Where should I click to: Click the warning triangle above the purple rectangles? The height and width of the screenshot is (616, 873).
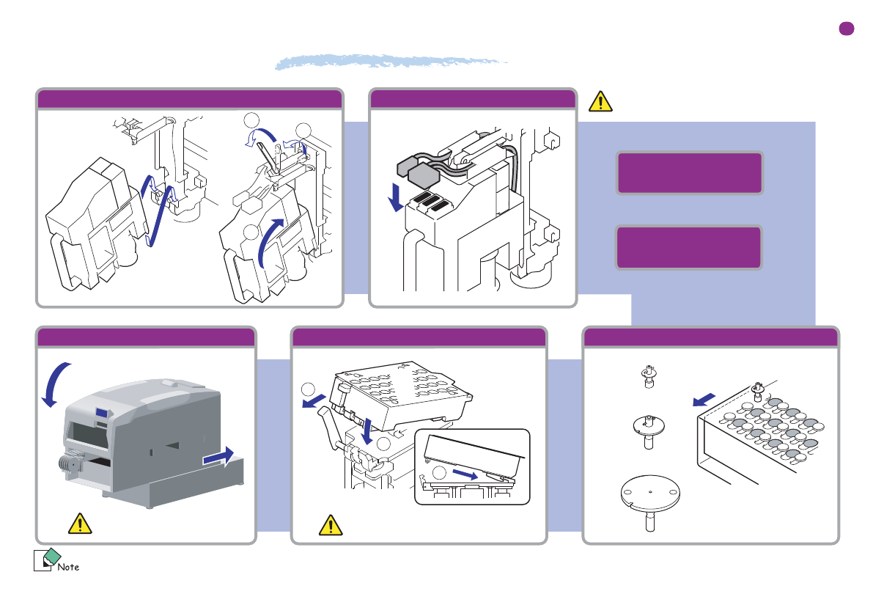tap(600, 101)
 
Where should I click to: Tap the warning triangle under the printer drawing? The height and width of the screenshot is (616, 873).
tap(79, 523)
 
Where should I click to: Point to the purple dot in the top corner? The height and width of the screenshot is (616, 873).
tap(846, 29)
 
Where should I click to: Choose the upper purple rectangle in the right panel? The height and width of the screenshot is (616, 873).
tap(689, 173)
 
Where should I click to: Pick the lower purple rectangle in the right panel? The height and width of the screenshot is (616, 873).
tap(688, 248)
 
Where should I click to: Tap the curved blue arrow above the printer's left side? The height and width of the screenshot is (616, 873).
tap(53, 381)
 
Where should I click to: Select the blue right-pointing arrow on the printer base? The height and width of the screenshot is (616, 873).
tap(221, 456)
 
